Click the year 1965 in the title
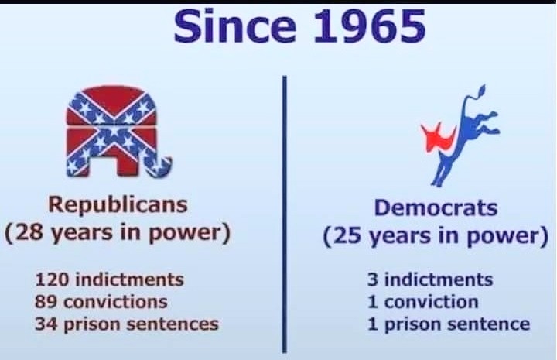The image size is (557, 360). point(370,26)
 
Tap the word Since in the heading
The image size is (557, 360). point(235,26)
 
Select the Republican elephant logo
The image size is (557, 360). point(118,132)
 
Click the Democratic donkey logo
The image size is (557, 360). point(460,135)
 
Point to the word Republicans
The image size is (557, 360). point(118,205)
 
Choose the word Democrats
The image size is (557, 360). point(436,207)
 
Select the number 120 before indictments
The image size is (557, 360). point(52,279)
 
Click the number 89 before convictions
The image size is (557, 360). point(46,302)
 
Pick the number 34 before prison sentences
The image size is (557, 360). point(46,324)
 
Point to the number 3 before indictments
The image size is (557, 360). point(373,279)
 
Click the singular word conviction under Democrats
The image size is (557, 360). point(431,302)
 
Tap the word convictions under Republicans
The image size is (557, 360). point(115,302)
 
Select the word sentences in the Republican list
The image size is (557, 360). point(173,324)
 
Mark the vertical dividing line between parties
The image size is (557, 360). point(284,214)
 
